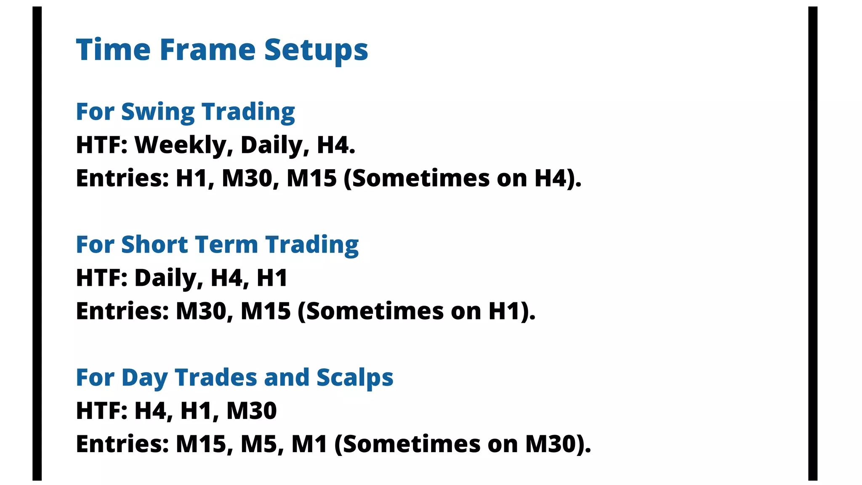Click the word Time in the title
(113, 50)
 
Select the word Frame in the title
(208, 50)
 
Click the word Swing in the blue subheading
(157, 112)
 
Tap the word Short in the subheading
(154, 245)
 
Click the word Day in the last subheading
(144, 378)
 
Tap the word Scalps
(354, 378)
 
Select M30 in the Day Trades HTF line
(252, 410)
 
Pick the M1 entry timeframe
(309, 444)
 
